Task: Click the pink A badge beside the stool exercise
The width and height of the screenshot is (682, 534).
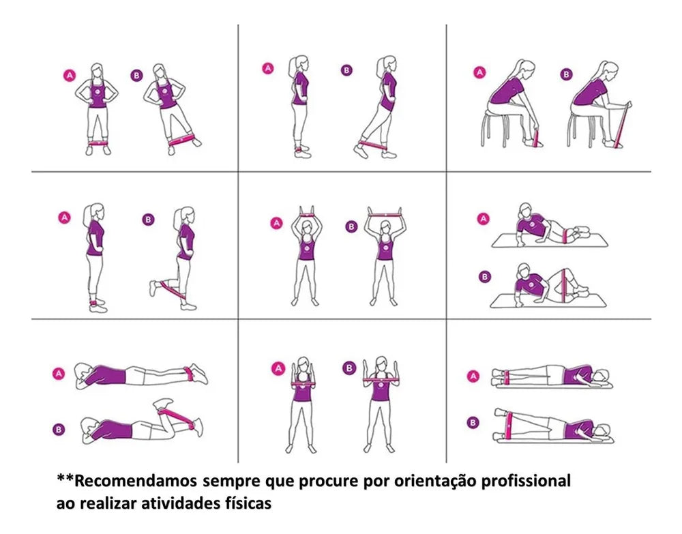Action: pyautogui.click(x=479, y=72)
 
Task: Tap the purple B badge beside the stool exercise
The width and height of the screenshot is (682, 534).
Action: pyautogui.click(x=566, y=74)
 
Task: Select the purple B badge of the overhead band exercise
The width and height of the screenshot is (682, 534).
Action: pyautogui.click(x=351, y=226)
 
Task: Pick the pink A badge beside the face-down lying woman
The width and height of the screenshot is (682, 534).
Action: pyautogui.click(x=59, y=374)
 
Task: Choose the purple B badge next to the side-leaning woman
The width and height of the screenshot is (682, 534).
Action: pyautogui.click(x=136, y=76)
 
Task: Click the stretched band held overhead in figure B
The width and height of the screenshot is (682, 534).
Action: pyautogui.click(x=385, y=214)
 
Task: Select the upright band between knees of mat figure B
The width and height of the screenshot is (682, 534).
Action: pyautogui.click(x=565, y=285)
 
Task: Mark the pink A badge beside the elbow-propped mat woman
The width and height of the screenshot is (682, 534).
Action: pyautogui.click(x=483, y=218)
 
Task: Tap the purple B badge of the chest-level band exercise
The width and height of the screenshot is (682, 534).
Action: pyautogui.click(x=349, y=368)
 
